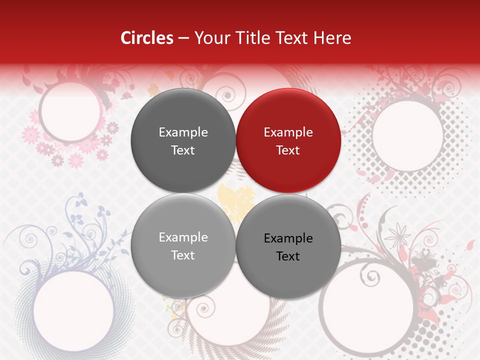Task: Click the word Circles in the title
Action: pos(147,38)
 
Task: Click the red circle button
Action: pos(288,140)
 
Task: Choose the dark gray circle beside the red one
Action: pos(183,140)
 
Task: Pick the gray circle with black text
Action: pos(288,246)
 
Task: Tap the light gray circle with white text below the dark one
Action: pos(183,245)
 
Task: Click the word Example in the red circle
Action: pos(288,132)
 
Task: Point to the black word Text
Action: pos(288,256)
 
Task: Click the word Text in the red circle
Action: pos(288,150)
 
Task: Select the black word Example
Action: pos(288,238)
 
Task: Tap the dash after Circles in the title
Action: pos(183,38)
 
